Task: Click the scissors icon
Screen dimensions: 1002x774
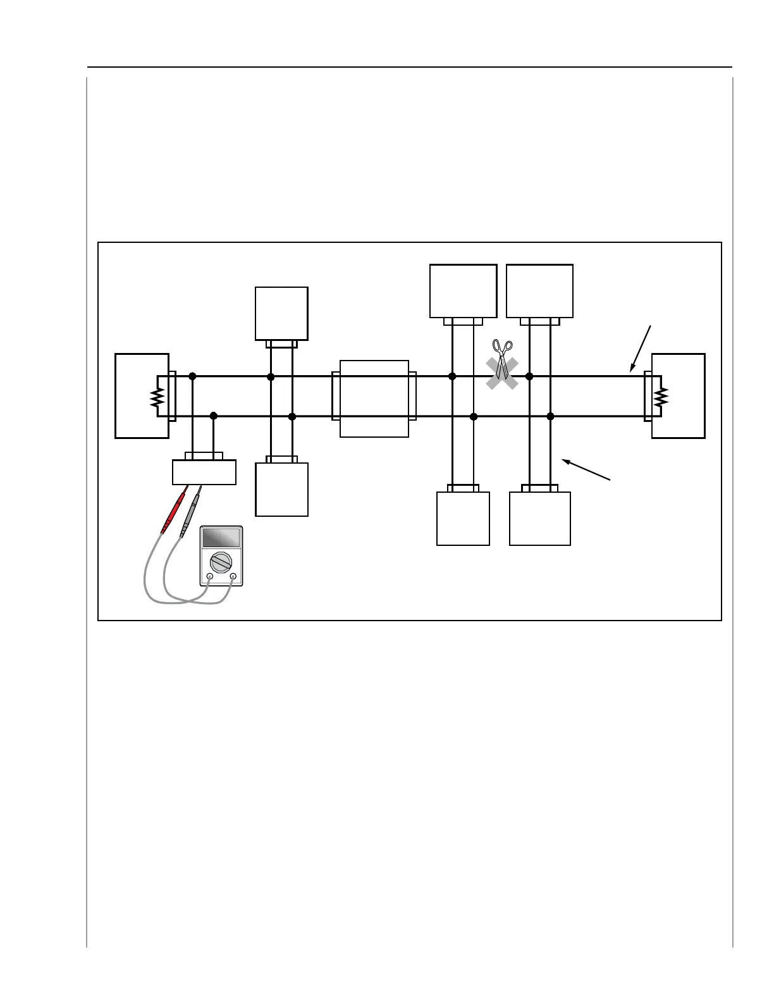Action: (502, 359)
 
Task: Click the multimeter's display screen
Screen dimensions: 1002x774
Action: (221, 538)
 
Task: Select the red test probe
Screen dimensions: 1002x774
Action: (174, 510)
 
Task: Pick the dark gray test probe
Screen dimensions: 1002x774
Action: (190, 512)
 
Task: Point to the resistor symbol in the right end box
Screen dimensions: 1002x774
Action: (661, 397)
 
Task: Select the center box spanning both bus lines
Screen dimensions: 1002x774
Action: (374, 399)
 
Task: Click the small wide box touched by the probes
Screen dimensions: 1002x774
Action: (204, 472)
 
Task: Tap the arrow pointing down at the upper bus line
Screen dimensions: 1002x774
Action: (640, 349)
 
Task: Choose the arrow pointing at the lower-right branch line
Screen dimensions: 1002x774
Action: (586, 470)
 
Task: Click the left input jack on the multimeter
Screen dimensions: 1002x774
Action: (210, 576)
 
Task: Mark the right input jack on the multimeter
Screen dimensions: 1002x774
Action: (233, 576)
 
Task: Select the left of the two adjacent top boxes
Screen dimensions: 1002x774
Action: (463, 291)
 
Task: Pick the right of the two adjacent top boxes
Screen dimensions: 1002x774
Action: (540, 291)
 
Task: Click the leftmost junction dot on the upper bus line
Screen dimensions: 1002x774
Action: (192, 376)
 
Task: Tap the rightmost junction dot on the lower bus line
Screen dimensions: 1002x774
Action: (550, 416)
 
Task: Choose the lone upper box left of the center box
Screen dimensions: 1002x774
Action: (281, 313)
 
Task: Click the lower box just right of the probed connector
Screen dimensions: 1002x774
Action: (281, 490)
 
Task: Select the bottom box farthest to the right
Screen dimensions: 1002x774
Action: (540, 519)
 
